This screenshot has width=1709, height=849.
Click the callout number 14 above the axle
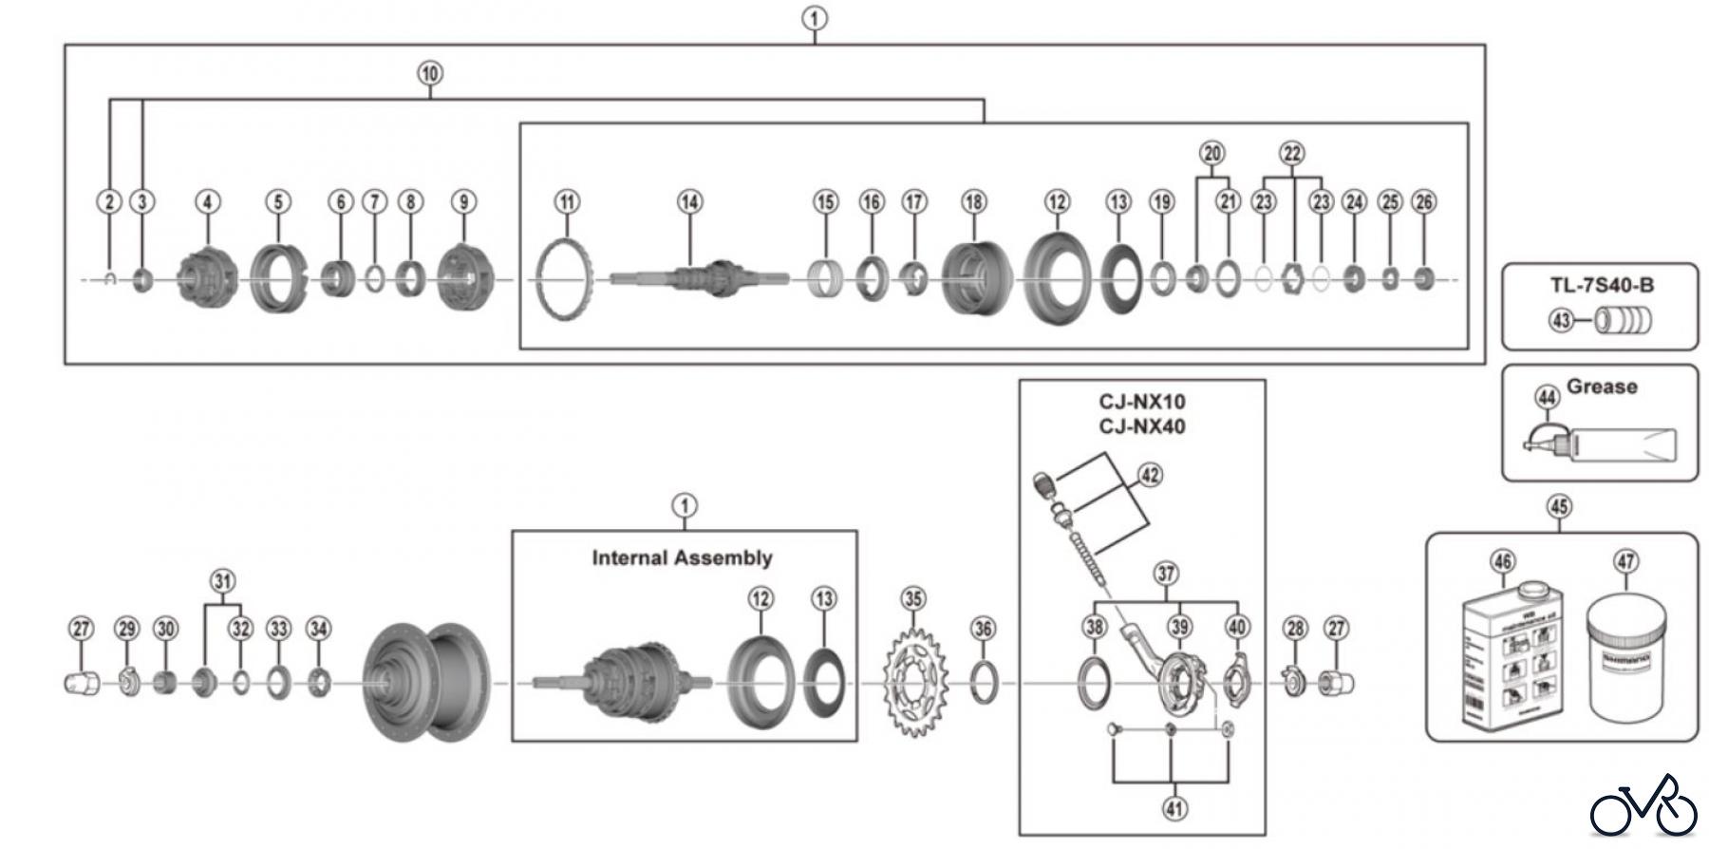(690, 201)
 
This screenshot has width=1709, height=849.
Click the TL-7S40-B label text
(1602, 285)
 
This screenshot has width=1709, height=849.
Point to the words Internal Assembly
(682, 557)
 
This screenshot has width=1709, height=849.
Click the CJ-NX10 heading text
(1142, 402)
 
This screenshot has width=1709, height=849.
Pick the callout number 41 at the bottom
(1174, 808)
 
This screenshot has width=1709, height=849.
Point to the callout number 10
(430, 73)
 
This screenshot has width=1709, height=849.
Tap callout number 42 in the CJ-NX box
(1150, 474)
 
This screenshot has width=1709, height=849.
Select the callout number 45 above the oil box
(1559, 506)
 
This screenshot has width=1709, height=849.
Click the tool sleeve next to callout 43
(1624, 321)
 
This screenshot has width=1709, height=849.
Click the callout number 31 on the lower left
(221, 580)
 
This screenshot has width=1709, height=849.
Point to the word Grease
(1602, 387)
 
